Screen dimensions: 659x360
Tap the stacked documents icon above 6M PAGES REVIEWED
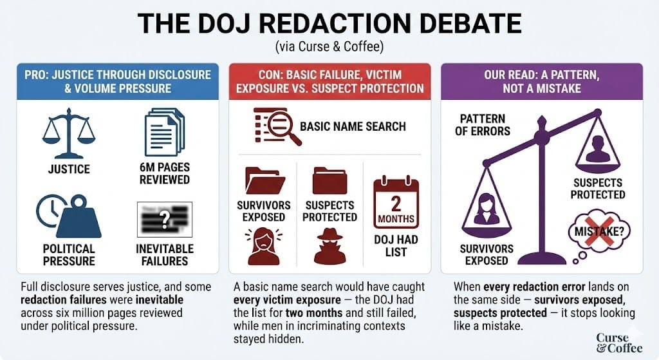[x=164, y=132]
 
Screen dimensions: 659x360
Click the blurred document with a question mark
[x=165, y=220]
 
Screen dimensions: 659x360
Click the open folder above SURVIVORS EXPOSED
[x=265, y=181]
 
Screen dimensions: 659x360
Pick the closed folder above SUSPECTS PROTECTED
[x=330, y=181]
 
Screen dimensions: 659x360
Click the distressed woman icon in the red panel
[x=263, y=247]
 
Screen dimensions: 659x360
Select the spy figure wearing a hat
[x=330, y=247]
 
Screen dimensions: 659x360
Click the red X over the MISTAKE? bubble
[x=599, y=231]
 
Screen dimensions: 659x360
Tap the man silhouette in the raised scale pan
[x=598, y=149]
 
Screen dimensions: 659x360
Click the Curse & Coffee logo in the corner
[x=618, y=343]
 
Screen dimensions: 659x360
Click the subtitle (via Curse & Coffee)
[x=329, y=46]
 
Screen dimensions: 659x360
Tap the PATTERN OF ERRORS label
[x=483, y=125]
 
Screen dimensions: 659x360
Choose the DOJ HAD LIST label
[x=396, y=246]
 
